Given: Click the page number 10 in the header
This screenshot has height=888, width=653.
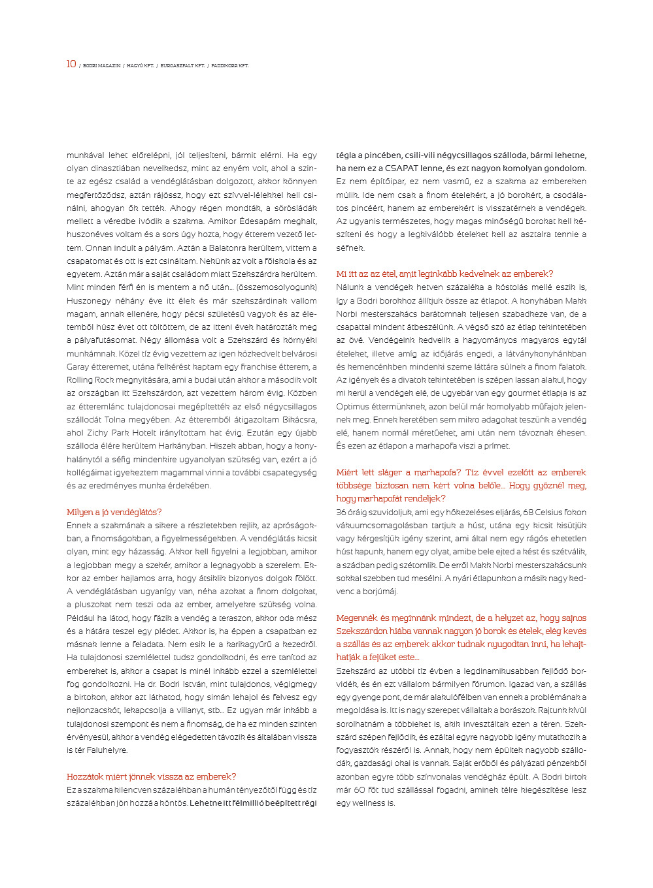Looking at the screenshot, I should point(71,64).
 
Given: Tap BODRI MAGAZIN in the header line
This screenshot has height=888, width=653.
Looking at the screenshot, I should point(101,66).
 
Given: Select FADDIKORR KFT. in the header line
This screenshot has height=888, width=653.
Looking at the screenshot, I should point(229,66).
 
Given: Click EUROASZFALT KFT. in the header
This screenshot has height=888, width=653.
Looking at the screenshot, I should point(182,66).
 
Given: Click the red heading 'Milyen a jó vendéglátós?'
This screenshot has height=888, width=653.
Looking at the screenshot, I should point(114,513).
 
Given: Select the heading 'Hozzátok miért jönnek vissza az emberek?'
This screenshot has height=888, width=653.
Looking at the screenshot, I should point(151,777).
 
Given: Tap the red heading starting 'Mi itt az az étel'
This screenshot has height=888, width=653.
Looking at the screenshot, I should point(444,274).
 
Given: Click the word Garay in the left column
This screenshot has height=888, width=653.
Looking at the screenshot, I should point(78,367).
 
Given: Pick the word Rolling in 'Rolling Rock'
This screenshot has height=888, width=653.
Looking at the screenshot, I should point(80,380).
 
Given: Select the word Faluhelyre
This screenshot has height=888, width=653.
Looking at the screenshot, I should point(107,750).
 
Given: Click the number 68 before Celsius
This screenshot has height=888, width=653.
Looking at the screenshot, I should point(528,513).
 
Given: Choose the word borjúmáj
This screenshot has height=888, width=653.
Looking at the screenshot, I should point(376,592).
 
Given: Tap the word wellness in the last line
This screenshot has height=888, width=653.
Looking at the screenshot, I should point(369,803).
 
